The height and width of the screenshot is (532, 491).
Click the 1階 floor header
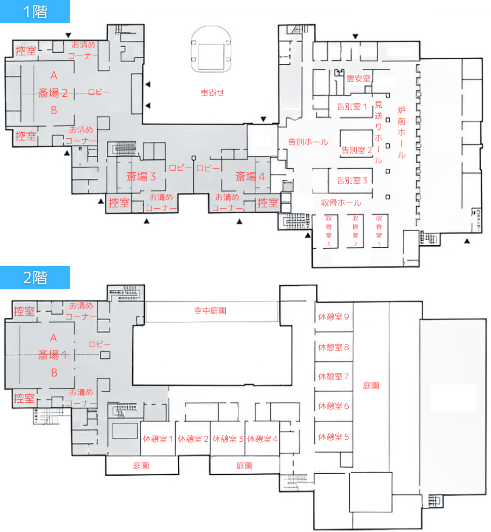tap(35, 12)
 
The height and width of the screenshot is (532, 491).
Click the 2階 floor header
tap(35, 278)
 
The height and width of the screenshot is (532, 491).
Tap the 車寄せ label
tap(213, 93)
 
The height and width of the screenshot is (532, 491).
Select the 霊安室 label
tap(358, 79)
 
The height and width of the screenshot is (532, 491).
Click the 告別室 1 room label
tap(352, 106)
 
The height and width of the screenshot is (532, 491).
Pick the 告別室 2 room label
tap(356, 150)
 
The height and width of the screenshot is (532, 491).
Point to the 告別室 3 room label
tap(352, 180)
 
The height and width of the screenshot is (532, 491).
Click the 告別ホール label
tap(308, 142)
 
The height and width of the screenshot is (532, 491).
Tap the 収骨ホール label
tap(341, 203)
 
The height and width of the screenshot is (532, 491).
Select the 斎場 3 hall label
tap(141, 176)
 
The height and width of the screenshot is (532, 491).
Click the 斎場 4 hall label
tap(250, 176)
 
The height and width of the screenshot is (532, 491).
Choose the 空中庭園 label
tap(210, 311)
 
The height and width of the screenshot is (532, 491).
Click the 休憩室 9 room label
tap(334, 317)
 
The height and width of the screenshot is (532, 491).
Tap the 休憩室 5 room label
tap(334, 437)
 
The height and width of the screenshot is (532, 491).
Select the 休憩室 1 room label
tap(158, 439)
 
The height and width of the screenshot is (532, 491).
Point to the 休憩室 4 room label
tap(262, 439)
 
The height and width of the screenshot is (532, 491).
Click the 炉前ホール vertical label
tap(401, 132)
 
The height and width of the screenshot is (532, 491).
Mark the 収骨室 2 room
tap(355, 231)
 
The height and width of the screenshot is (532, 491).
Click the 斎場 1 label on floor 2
tap(52, 355)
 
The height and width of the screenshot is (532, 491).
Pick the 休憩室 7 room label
tap(334, 376)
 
